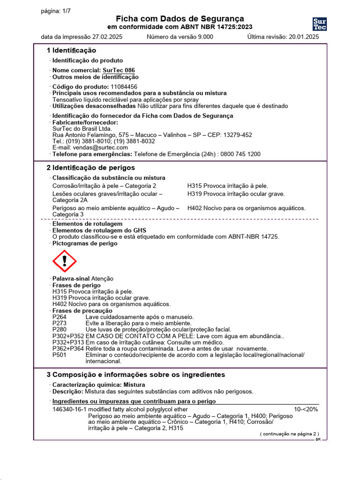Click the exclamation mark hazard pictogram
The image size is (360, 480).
click(65, 262)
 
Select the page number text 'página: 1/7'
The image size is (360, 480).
click(56, 12)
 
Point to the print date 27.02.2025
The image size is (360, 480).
click(107, 37)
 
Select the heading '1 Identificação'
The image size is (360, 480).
click(71, 50)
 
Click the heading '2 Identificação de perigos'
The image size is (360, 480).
click(90, 167)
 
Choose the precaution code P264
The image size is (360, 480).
click(60, 317)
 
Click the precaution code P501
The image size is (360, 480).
click(60, 355)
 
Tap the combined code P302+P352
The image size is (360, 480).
click(68, 336)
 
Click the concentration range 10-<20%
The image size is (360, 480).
click(306, 409)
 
